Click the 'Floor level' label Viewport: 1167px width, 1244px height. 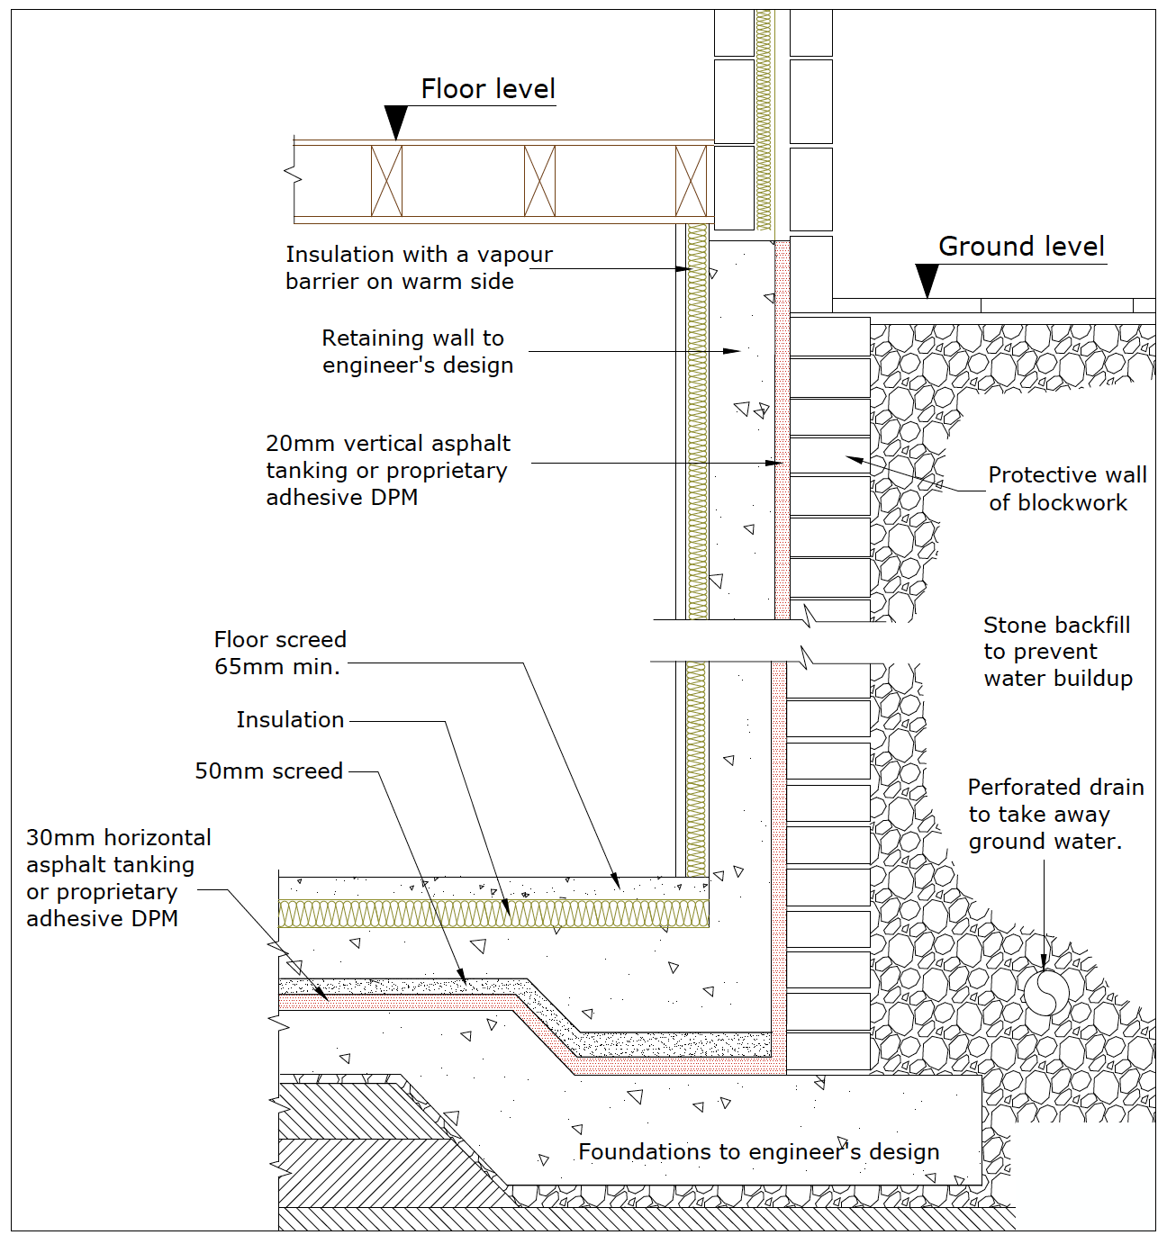(488, 89)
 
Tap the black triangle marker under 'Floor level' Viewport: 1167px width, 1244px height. (395, 122)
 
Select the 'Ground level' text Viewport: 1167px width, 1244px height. (1021, 247)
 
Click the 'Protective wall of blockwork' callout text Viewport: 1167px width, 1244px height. (1067, 489)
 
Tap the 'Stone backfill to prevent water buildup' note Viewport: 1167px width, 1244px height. (1058, 652)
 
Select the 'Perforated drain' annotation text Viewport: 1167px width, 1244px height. (1055, 788)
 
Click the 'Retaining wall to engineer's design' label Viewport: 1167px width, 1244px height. (417, 352)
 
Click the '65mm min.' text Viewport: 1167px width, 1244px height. (277, 667)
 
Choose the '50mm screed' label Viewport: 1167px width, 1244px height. (269, 771)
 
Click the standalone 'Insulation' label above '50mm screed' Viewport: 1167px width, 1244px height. (290, 720)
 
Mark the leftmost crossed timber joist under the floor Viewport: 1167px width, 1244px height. (386, 181)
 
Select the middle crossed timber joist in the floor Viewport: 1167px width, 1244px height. (539, 181)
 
